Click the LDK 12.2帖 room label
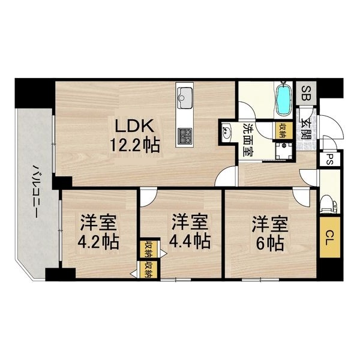tap(134, 136)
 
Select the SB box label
tap(306, 93)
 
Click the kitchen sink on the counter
tap(184, 98)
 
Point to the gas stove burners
tap(185, 136)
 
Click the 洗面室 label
tap(248, 140)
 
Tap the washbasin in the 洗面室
tap(227, 131)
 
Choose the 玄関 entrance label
tap(306, 129)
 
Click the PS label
tap(329, 159)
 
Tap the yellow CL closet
tap(329, 237)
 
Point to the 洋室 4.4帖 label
tap(190, 231)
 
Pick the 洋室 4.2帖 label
tap(98, 232)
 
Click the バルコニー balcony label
tap(35, 191)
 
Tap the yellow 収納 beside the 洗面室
tap(283, 130)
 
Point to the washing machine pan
tap(284, 151)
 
